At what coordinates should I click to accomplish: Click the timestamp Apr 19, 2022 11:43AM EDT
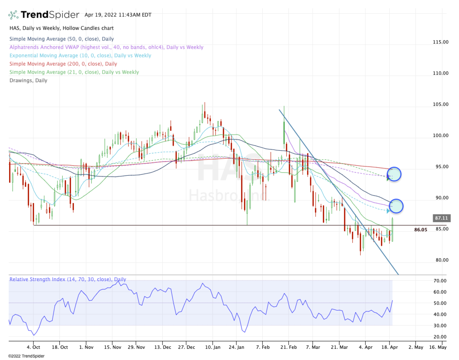[x=118, y=15]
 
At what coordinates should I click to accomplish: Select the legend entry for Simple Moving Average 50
[x=62, y=39]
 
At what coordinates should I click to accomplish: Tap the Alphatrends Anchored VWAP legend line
[x=106, y=47]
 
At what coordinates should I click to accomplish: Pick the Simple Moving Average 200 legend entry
[x=63, y=64]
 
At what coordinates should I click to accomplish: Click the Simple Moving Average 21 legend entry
[x=74, y=72]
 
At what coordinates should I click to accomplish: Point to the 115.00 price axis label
[x=441, y=42]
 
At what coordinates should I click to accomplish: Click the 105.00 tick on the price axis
[x=441, y=104]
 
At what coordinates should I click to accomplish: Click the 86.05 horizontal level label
[x=420, y=230]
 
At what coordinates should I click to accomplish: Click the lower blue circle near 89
[x=396, y=206]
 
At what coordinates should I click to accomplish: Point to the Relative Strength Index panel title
[x=68, y=279]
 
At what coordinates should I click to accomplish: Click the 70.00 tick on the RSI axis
[x=441, y=281]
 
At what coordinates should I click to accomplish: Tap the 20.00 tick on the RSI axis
[x=441, y=337]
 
